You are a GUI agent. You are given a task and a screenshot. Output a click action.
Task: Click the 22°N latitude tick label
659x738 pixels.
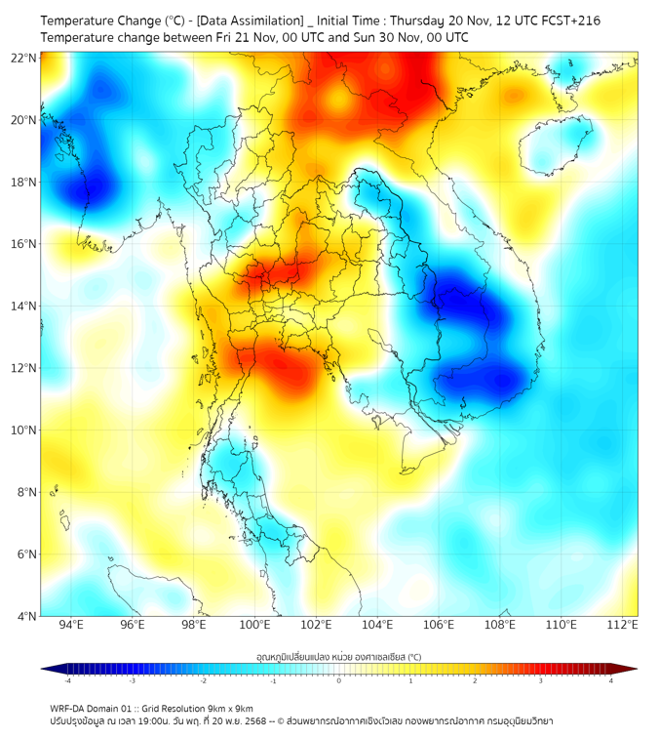click(x=24, y=58)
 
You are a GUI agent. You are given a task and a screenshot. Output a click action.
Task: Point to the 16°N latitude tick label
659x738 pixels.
click(x=24, y=244)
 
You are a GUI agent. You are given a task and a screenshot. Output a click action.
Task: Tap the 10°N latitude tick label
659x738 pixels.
click(x=24, y=430)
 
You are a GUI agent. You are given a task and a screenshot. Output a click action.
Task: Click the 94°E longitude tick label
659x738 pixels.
click(x=71, y=626)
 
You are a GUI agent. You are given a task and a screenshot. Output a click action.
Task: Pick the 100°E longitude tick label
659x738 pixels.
click(x=254, y=626)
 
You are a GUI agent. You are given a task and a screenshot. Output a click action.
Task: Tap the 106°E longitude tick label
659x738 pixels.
click(x=439, y=626)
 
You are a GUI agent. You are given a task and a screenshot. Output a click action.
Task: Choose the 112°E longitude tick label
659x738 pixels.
click(x=622, y=626)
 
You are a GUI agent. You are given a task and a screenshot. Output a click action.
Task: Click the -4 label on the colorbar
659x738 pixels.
click(x=67, y=680)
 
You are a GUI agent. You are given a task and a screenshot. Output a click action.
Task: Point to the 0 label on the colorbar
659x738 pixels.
click(x=339, y=680)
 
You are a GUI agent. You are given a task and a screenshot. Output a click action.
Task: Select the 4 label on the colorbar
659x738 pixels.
click(x=610, y=680)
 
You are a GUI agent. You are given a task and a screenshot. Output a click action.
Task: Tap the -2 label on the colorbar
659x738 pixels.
click(x=203, y=680)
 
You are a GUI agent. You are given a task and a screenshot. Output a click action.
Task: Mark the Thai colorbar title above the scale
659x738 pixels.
click(x=338, y=656)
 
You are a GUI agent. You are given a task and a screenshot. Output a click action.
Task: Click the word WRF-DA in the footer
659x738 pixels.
click(x=66, y=709)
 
